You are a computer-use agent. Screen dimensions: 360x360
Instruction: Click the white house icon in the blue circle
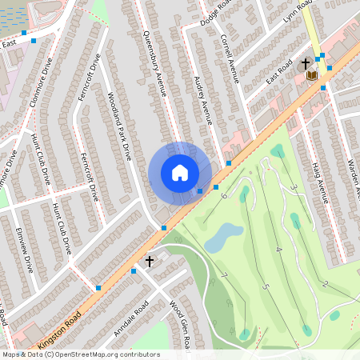[180, 173]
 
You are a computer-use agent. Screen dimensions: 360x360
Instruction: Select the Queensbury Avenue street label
[154, 65]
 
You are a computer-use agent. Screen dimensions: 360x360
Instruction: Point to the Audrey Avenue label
[203, 100]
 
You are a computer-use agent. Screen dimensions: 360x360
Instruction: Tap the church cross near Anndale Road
[149, 262]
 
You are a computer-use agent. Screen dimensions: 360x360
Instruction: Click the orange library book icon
[312, 75]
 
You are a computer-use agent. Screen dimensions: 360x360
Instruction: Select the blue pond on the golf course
[223, 237]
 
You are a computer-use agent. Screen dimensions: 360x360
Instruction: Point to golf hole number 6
[224, 195]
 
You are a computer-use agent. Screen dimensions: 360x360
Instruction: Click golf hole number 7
[224, 276]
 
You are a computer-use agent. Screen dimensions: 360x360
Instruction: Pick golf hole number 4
[278, 250]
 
